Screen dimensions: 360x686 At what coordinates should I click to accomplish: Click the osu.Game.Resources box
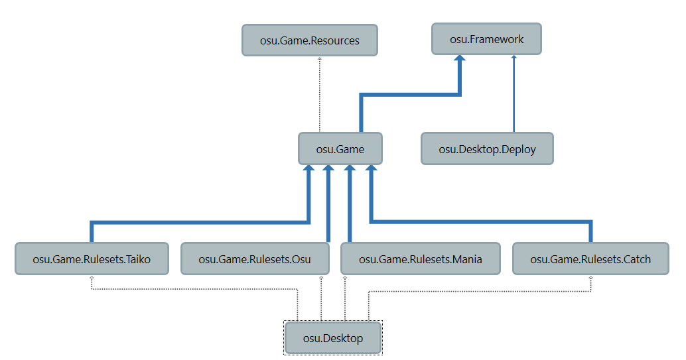coord(310,40)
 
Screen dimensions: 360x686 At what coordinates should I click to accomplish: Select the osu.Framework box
coord(486,39)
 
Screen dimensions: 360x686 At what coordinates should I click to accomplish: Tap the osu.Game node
coord(340,149)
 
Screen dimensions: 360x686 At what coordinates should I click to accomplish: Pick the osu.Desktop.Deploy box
coord(487,149)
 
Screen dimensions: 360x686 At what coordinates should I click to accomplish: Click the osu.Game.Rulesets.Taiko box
coord(92,259)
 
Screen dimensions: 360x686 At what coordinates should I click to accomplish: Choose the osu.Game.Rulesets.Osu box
coord(255,259)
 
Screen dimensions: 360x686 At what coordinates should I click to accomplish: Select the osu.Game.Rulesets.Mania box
coord(421,259)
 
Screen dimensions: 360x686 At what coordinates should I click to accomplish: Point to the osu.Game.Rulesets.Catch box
coord(590,259)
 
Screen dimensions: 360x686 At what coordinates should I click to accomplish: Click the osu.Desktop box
coord(333,338)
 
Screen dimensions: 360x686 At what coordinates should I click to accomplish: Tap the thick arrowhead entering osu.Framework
coord(460,60)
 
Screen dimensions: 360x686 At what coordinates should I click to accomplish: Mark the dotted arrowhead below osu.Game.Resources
coord(320,60)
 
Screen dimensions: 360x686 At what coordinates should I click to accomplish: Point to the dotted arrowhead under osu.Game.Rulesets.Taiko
coord(92,278)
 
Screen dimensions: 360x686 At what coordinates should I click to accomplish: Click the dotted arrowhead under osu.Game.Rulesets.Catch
coord(590,278)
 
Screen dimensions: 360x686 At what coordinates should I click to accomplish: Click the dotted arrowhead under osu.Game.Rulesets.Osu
coord(321,278)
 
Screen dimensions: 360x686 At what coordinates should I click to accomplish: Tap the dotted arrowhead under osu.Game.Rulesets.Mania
coord(345,278)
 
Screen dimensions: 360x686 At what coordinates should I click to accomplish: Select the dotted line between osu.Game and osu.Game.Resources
coord(320,96)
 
